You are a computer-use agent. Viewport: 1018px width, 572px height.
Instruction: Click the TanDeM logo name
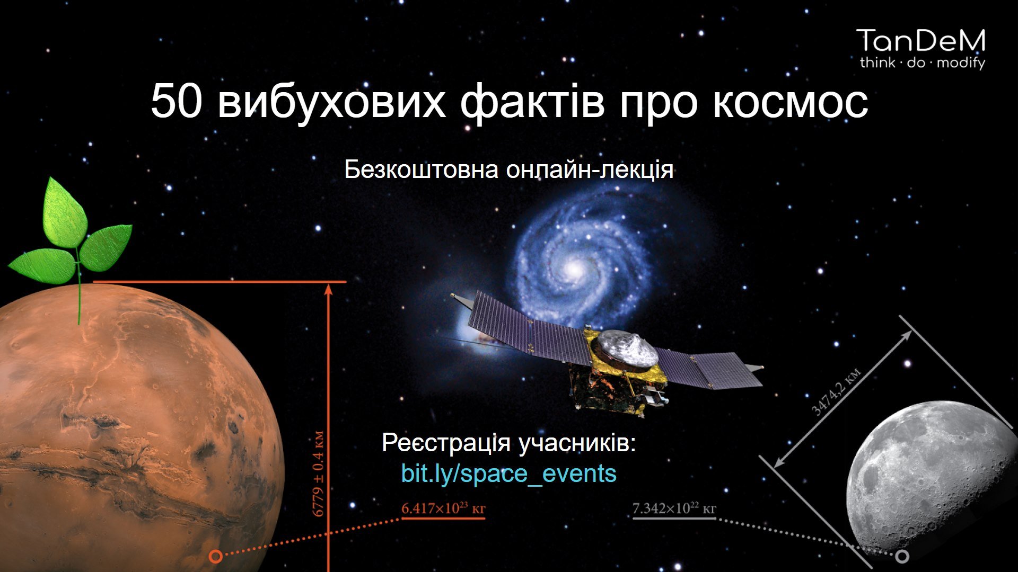(x=920, y=41)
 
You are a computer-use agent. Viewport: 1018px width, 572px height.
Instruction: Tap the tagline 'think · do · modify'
(x=922, y=63)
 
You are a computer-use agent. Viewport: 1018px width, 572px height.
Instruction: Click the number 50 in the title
(x=176, y=101)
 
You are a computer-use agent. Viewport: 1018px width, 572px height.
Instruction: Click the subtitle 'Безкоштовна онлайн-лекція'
(x=509, y=170)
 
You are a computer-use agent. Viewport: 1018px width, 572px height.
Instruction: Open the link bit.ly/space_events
(x=509, y=473)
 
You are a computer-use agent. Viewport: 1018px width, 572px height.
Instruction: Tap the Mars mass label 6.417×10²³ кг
(x=443, y=508)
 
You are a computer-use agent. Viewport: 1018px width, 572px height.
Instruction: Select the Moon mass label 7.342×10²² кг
(x=674, y=508)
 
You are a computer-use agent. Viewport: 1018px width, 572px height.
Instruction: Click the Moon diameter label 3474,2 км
(x=837, y=391)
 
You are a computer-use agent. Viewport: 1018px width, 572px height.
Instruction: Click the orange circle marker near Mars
(x=215, y=556)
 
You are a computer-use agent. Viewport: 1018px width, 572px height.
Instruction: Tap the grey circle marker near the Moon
(x=902, y=556)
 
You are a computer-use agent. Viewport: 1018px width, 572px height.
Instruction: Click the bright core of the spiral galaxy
(x=573, y=270)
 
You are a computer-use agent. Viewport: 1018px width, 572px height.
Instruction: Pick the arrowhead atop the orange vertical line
(x=329, y=289)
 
